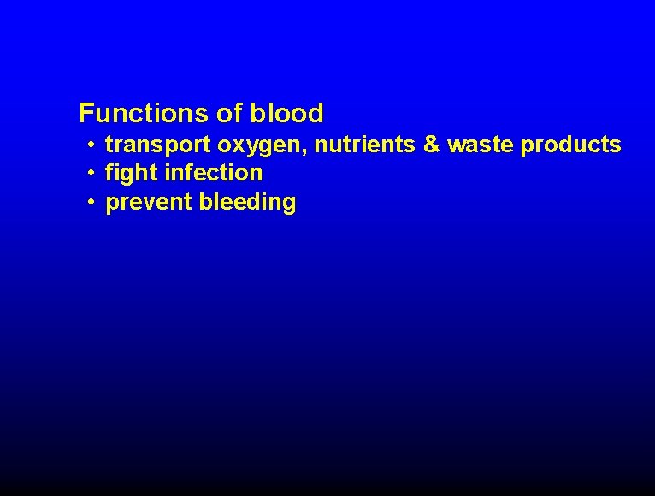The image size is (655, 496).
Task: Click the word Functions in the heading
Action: click(137, 113)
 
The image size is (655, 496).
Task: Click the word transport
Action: click(157, 145)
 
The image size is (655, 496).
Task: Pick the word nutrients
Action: click(365, 145)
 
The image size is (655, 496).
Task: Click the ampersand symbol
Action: click(432, 145)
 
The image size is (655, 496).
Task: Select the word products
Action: click(571, 146)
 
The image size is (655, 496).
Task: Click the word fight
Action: click(131, 174)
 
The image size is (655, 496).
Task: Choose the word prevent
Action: click(149, 204)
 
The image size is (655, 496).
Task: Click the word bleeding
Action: click(247, 204)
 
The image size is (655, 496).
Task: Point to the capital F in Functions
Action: click(86, 113)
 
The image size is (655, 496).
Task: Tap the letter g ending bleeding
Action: click(289, 205)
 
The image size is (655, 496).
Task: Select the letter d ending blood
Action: click(316, 113)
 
